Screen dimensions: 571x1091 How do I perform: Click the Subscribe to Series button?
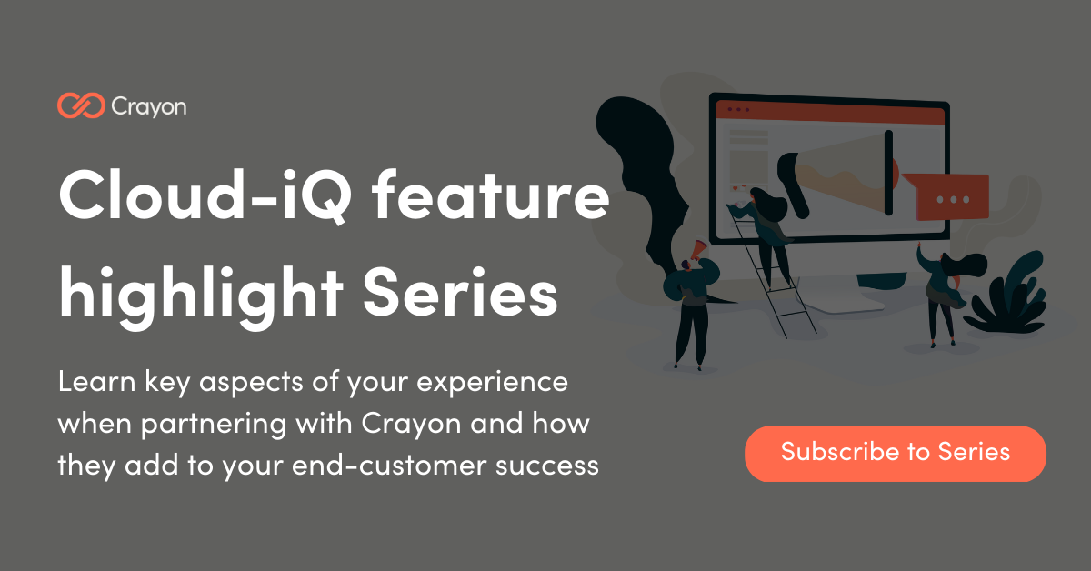pyautogui.click(x=895, y=453)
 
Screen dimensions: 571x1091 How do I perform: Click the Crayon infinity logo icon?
pyautogui.click(x=80, y=106)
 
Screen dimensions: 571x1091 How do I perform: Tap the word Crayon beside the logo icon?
pyautogui.click(x=148, y=106)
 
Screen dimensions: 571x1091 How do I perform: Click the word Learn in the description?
pyautogui.click(x=95, y=382)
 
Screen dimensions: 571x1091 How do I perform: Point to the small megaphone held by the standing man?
pyautogui.click(x=696, y=250)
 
